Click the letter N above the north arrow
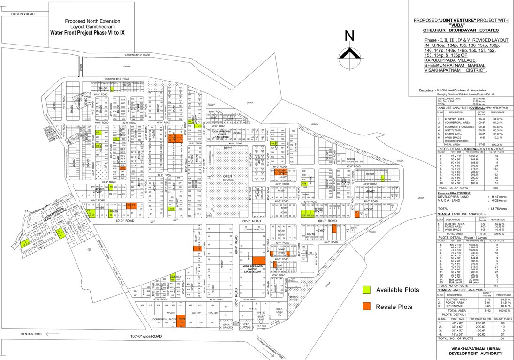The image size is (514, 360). pos(349,36)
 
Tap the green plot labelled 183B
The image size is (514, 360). pos(304,184)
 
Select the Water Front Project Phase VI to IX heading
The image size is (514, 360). pos(94,33)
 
